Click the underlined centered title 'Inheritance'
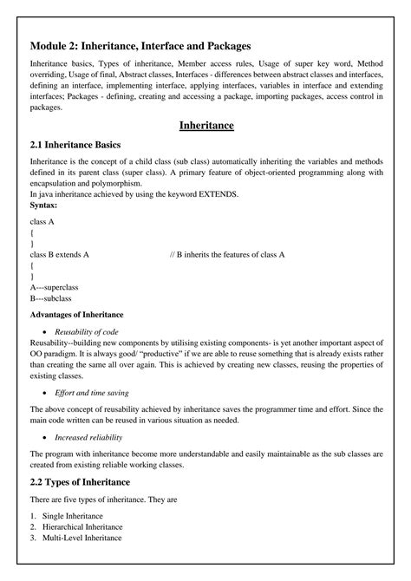pyautogui.click(x=206, y=126)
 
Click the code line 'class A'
pyautogui.click(x=42, y=223)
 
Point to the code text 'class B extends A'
pyautogui.click(x=60, y=254)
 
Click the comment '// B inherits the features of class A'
pyautogui.click(x=227, y=254)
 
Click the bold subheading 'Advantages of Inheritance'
pyautogui.click(x=76, y=313)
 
